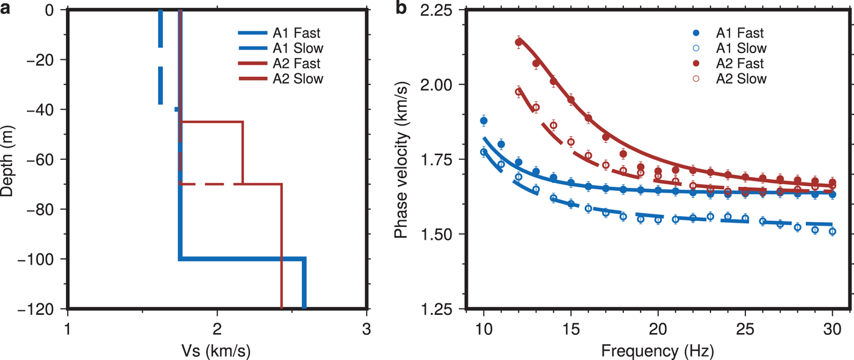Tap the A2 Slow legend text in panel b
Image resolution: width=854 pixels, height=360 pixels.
click(x=741, y=79)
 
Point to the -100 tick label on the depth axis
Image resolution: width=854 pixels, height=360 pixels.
click(x=43, y=259)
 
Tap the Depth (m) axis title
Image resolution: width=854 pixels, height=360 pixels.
click(x=9, y=160)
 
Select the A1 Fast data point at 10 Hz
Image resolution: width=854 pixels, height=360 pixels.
click(x=484, y=121)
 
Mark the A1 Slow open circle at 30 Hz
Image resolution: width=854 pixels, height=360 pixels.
click(x=833, y=231)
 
